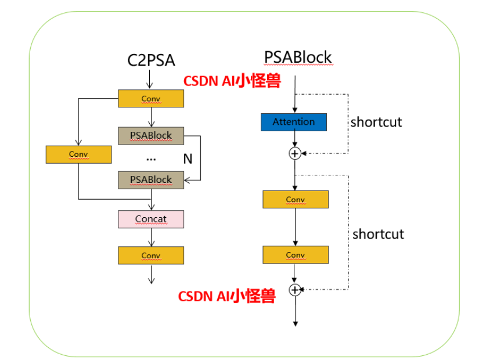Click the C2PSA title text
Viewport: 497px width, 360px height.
(151, 60)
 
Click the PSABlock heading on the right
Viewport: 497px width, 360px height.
(298, 57)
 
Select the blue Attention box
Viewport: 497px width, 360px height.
(294, 122)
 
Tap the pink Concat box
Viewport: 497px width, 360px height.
(151, 219)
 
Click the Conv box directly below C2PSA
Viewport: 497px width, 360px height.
(151, 99)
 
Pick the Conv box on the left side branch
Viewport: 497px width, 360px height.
(78, 154)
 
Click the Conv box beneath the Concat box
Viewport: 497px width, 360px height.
(151, 255)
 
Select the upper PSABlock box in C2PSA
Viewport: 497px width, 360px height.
(151, 135)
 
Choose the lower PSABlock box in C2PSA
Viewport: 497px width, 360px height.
(151, 180)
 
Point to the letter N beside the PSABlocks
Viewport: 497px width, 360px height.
(188, 159)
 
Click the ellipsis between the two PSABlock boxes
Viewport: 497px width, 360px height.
(151, 158)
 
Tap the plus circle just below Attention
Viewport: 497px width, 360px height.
(295, 153)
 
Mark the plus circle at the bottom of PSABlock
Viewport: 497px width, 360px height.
(296, 289)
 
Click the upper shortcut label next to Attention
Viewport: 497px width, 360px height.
(376, 123)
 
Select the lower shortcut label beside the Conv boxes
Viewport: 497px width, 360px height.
(378, 234)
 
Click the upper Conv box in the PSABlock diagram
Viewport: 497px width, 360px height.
(296, 199)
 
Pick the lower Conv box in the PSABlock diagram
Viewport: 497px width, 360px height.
(296, 255)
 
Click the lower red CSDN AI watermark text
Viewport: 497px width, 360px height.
(226, 297)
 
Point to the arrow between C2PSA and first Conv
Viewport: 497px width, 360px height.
(150, 79)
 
